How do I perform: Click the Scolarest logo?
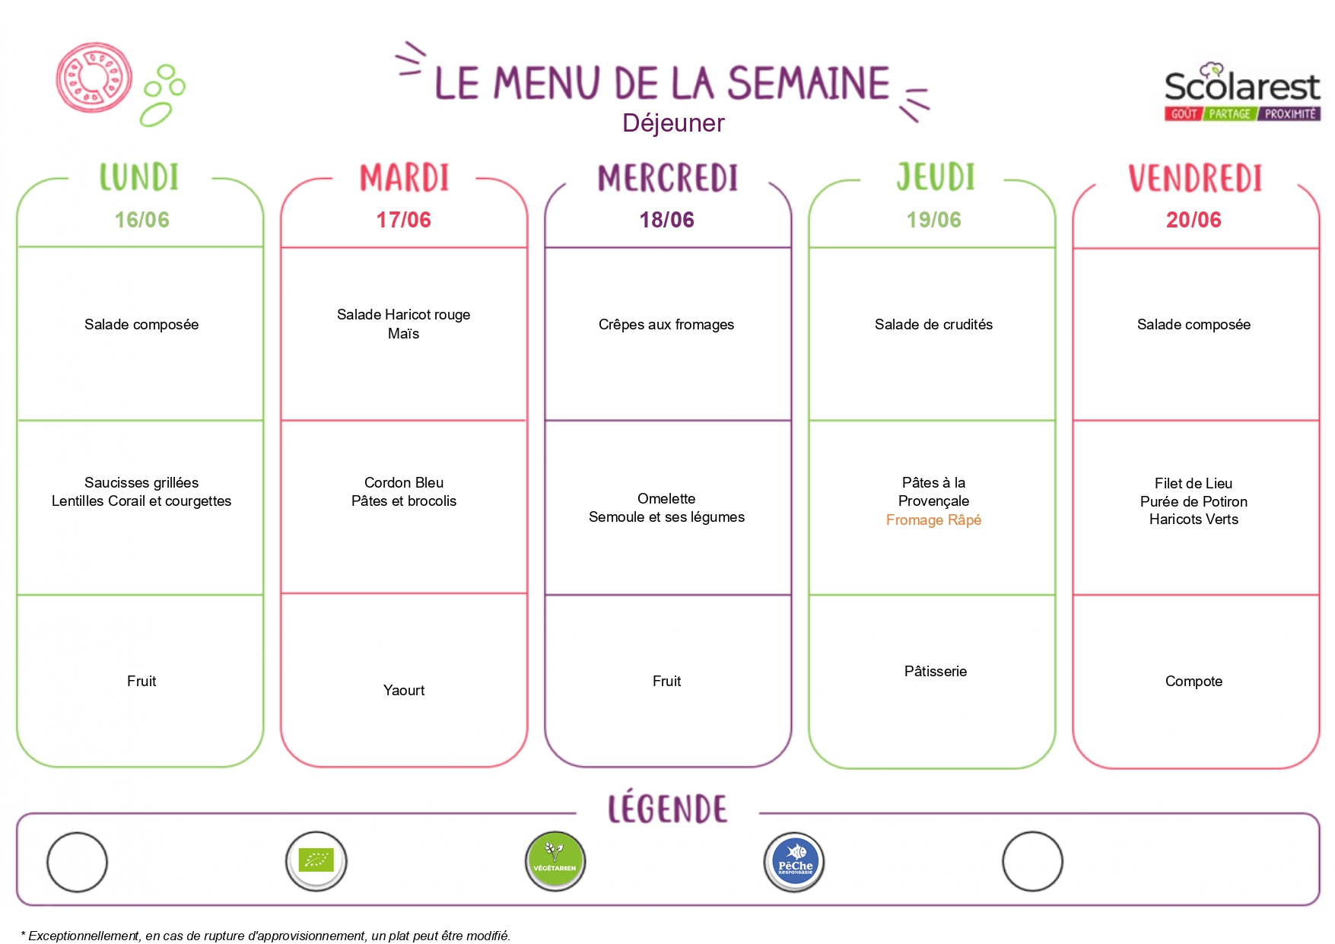(1242, 92)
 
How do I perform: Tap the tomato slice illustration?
(94, 78)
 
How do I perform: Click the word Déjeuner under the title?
(673, 123)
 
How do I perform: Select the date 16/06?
(141, 220)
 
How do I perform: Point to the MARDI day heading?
(404, 178)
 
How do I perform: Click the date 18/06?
(667, 220)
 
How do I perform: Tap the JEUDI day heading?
(935, 177)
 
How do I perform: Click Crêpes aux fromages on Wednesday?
(666, 325)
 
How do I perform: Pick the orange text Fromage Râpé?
(933, 520)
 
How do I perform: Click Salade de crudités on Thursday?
(933, 325)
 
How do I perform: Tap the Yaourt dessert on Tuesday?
(404, 691)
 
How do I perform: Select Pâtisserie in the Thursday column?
(936, 672)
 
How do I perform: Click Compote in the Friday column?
(1194, 682)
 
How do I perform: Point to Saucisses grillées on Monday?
(141, 483)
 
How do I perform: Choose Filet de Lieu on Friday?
(1194, 484)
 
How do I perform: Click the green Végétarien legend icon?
(555, 861)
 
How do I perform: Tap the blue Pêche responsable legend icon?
(794, 862)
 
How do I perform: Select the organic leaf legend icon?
(316, 861)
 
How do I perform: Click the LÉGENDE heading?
(667, 809)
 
